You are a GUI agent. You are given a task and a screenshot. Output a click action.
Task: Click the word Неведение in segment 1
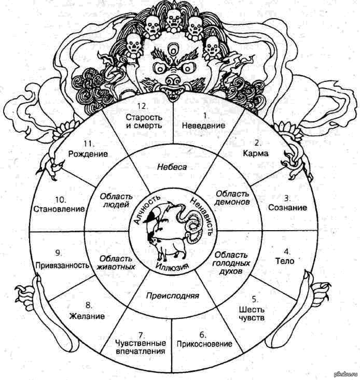tap(203, 125)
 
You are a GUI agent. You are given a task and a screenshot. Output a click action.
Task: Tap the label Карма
tap(256, 153)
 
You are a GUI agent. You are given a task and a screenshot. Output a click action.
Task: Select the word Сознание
tap(287, 207)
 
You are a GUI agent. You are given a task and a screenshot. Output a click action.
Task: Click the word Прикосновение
tap(204, 344)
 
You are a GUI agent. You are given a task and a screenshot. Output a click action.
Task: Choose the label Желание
tap(87, 316)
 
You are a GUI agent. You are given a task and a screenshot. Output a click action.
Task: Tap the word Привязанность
tap(62, 265)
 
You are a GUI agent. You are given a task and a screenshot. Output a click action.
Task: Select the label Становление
tap(59, 208)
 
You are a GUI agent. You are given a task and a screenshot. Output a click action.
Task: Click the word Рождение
tap(88, 153)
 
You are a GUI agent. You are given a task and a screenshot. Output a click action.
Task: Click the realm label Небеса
tap(172, 167)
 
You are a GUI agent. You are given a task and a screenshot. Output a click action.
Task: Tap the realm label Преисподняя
tap(173, 295)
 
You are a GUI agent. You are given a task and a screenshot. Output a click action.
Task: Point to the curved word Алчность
tap(147, 208)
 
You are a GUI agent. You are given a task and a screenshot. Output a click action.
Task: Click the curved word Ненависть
tap(201, 216)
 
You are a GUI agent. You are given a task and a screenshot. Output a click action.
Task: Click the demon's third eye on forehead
tap(173, 48)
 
